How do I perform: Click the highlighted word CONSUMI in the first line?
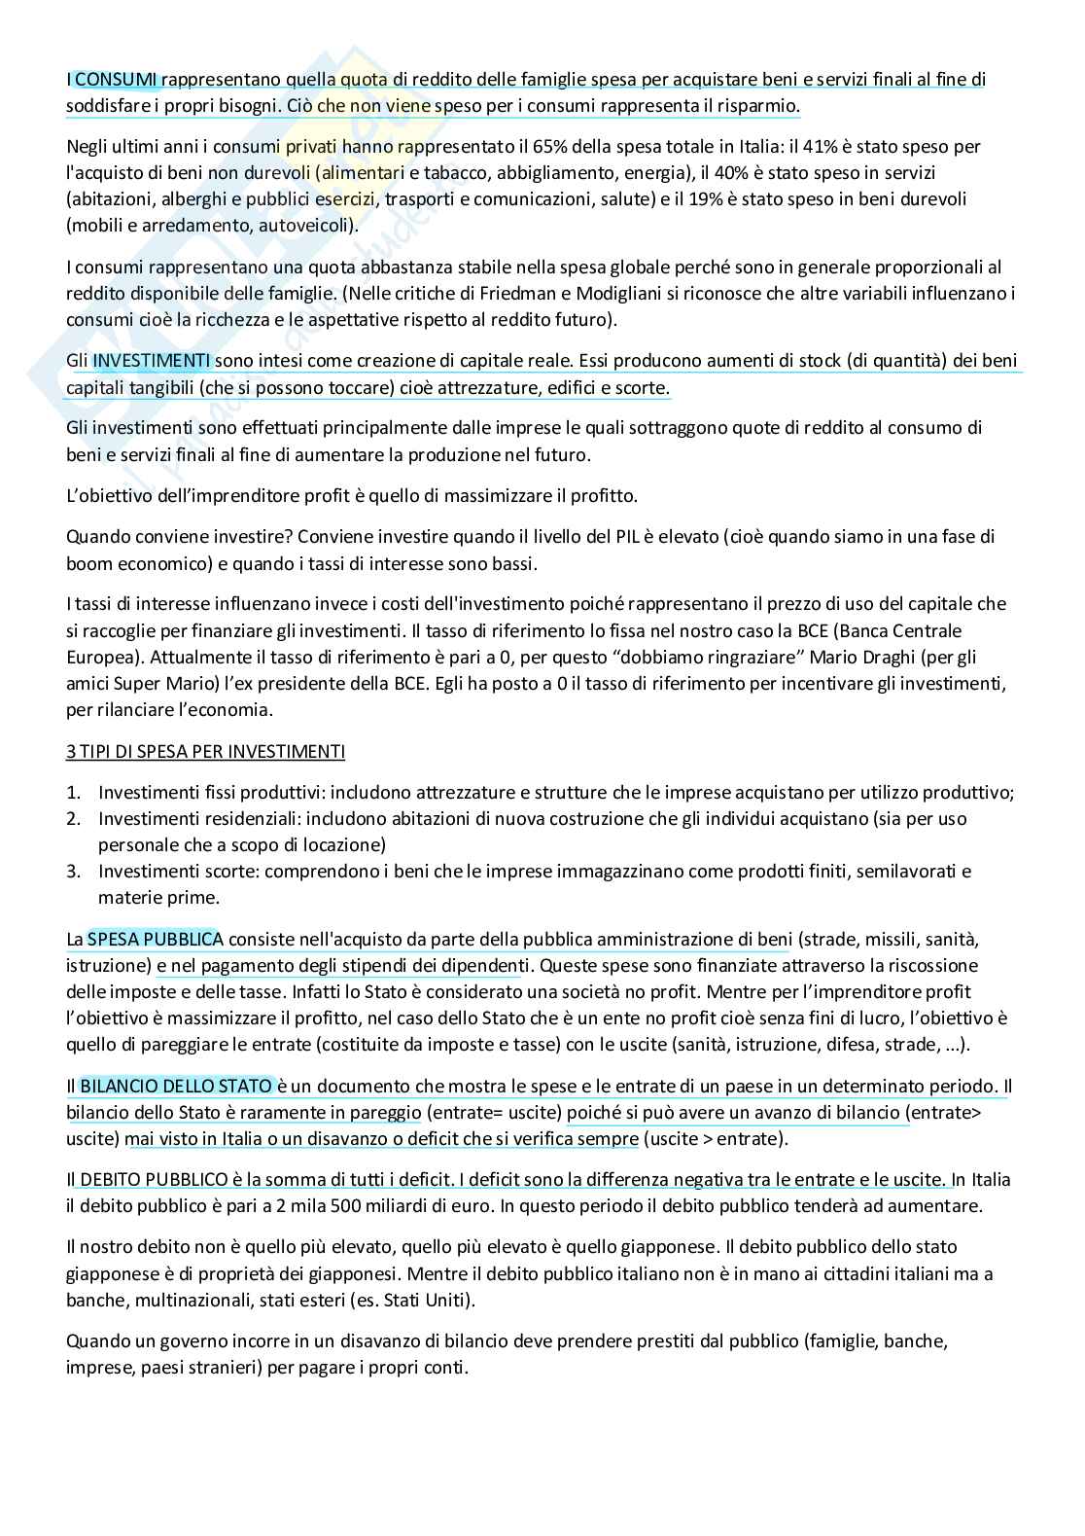tap(117, 80)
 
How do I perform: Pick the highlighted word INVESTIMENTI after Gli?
tap(152, 361)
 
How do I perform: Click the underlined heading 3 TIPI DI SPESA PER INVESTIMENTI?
tap(205, 751)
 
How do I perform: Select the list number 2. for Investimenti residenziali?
tap(73, 818)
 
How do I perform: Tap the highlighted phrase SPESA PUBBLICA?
tap(156, 939)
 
